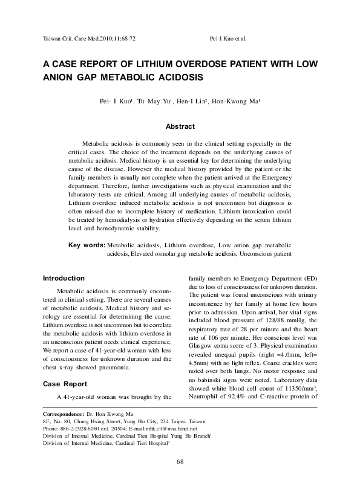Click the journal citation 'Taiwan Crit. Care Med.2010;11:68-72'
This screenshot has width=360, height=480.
(x=89, y=38)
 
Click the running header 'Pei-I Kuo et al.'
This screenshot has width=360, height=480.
(x=226, y=38)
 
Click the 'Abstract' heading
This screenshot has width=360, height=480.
(x=180, y=126)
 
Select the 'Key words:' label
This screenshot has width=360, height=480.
(x=86, y=245)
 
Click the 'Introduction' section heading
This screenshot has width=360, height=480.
(x=63, y=278)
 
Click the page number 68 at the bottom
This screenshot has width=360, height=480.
(x=180, y=462)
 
